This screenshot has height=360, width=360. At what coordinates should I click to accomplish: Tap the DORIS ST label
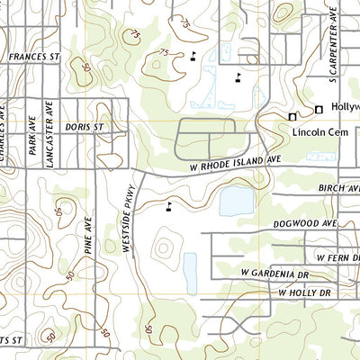pos(85,128)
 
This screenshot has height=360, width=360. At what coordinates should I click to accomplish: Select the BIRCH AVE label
pos(337,189)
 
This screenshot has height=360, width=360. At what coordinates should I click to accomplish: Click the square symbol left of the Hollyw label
pos(318,110)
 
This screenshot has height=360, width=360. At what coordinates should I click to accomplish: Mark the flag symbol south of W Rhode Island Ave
pos(169,207)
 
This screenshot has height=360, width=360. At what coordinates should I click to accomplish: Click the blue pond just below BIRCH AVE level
pos(236,202)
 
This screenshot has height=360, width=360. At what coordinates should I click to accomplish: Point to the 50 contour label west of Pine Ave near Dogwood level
pos(59,212)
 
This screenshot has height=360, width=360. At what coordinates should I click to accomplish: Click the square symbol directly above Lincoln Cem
pos(292,117)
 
